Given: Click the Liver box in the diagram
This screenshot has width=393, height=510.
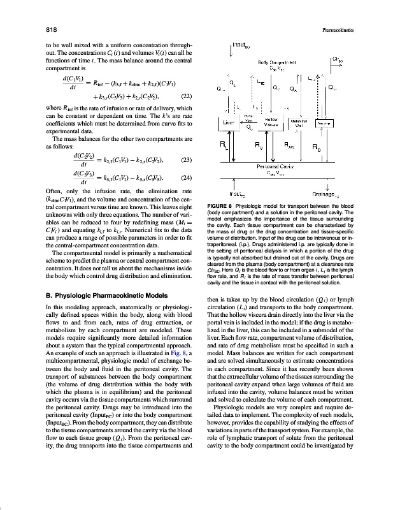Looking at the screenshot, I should [x=231, y=124].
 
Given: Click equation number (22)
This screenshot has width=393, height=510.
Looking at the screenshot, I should [x=187, y=96].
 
